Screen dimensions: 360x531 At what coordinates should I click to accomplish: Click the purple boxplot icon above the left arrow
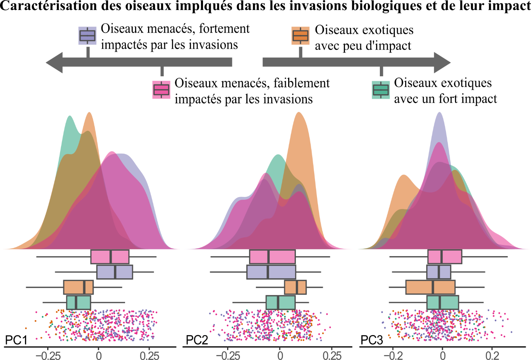pyautogui.click(x=87, y=36)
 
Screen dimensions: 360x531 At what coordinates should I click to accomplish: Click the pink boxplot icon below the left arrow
pyautogui.click(x=161, y=90)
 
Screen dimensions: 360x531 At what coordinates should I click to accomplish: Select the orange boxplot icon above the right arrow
pyautogui.click(x=300, y=36)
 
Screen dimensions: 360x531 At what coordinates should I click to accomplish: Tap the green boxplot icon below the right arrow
pyautogui.click(x=381, y=90)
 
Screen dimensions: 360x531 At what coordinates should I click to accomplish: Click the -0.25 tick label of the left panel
pyautogui.click(x=48, y=355)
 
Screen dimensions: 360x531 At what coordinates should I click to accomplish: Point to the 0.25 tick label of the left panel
pyautogui.click(x=149, y=355)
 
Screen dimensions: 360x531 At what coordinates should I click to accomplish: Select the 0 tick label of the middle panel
pyautogui.click(x=280, y=355)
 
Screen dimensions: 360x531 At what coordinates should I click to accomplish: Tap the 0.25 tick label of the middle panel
pyautogui.click(x=331, y=355)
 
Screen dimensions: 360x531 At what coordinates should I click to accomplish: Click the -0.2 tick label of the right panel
pyautogui.click(x=392, y=355)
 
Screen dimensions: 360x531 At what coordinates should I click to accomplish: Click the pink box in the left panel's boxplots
pyautogui.click(x=110, y=257)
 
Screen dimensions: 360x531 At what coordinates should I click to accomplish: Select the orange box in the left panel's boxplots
pyautogui.click(x=78, y=287)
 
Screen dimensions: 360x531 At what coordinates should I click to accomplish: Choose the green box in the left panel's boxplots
pyautogui.click(x=79, y=302)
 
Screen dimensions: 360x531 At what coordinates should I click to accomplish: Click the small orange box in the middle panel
pyautogui.click(x=295, y=287)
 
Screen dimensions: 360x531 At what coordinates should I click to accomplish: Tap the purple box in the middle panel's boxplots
pyautogui.click(x=271, y=272)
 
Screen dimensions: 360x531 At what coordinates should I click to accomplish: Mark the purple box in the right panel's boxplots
pyautogui.click(x=439, y=272)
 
